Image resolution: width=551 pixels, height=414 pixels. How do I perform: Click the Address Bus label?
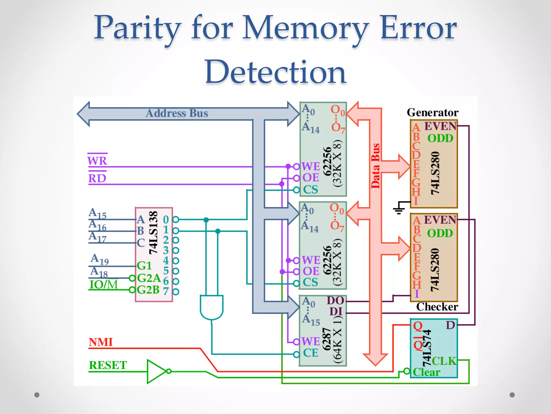[x=177, y=113]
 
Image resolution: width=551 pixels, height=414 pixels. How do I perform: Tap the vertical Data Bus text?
[x=375, y=166]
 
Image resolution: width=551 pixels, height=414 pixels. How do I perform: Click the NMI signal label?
[x=101, y=342]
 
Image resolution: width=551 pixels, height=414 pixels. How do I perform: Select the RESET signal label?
[x=108, y=365]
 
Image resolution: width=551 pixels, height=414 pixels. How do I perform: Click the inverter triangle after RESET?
[x=156, y=371]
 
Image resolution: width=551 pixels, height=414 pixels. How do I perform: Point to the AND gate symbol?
[x=211, y=307]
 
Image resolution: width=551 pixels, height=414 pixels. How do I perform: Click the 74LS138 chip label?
[x=153, y=233]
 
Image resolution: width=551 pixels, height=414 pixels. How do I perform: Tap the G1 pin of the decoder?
[x=144, y=266]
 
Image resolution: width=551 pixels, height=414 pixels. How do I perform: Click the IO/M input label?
[x=104, y=285]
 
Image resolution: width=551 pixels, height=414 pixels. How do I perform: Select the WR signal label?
[x=97, y=161]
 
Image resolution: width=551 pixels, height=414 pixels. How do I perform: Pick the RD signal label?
[x=97, y=178]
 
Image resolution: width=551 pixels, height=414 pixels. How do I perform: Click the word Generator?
[x=432, y=113]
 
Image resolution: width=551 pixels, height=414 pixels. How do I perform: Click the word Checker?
[x=437, y=307]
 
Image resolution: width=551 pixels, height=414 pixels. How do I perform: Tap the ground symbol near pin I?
[x=399, y=209]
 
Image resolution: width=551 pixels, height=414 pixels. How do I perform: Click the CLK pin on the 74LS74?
[x=444, y=361]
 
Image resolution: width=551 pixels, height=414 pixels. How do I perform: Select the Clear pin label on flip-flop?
[x=426, y=372]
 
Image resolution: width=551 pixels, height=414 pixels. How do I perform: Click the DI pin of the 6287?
[x=336, y=312]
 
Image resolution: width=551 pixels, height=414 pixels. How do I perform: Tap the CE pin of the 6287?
[x=310, y=353]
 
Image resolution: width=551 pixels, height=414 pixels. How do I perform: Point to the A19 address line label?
[x=100, y=259]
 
